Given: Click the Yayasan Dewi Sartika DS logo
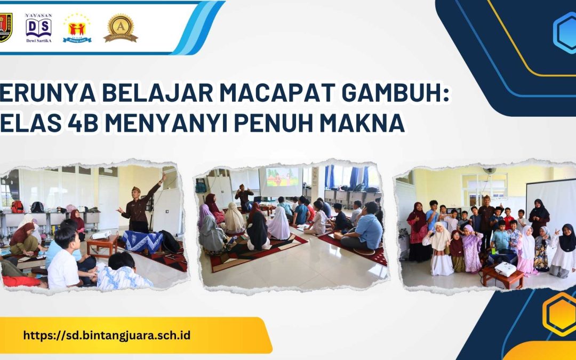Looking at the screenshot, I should [38, 28].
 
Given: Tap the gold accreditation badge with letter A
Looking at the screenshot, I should [121, 28].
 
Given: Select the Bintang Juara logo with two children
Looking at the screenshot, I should [77, 28].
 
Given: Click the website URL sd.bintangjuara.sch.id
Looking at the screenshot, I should [107, 335].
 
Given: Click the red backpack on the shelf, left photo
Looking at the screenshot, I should [18, 206].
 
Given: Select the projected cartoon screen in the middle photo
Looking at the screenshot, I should [282, 177].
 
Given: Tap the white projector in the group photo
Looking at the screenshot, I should [505, 269].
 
